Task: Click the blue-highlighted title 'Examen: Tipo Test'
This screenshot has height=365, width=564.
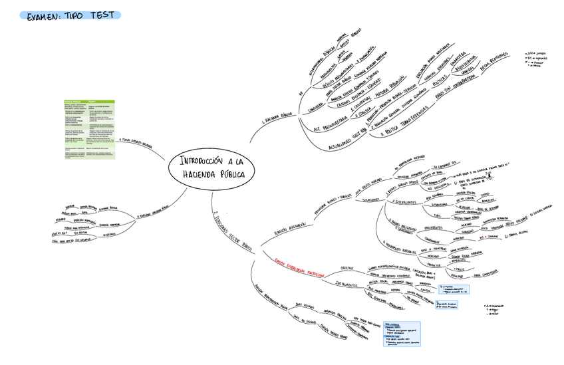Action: [69, 15]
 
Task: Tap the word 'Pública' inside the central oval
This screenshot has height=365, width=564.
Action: [230, 174]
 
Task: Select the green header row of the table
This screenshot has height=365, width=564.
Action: [89, 102]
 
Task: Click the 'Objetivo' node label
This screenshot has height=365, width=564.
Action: [347, 267]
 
